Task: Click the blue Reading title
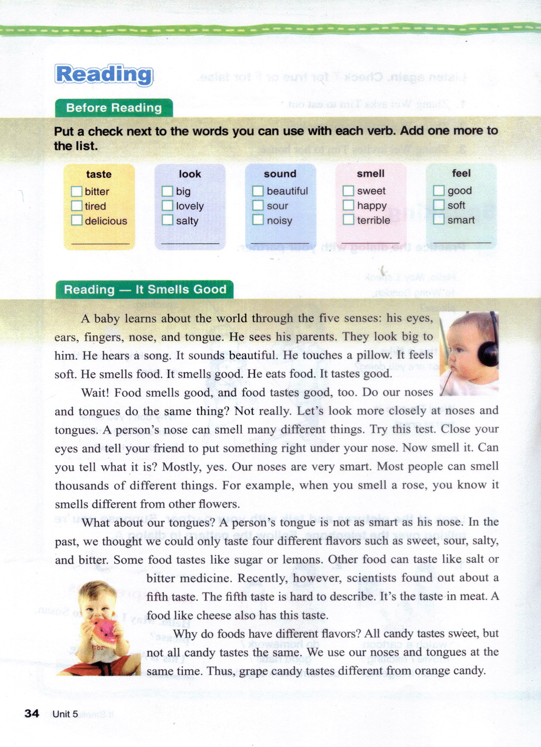click(x=104, y=74)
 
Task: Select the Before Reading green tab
click(x=114, y=108)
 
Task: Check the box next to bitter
click(x=77, y=191)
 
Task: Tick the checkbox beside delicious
click(x=77, y=220)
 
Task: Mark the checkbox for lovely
click(x=167, y=206)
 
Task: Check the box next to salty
click(x=167, y=220)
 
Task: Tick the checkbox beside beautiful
click(x=258, y=191)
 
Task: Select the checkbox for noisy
click(x=258, y=220)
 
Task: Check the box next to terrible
click(x=348, y=220)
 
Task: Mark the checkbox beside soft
click(x=439, y=205)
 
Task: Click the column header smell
click(x=370, y=174)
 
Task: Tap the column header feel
click(x=461, y=173)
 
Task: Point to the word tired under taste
click(x=95, y=206)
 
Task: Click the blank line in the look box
click(x=190, y=243)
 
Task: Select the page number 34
click(x=32, y=714)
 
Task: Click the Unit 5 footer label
click(x=65, y=714)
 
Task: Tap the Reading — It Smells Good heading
click(x=145, y=289)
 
